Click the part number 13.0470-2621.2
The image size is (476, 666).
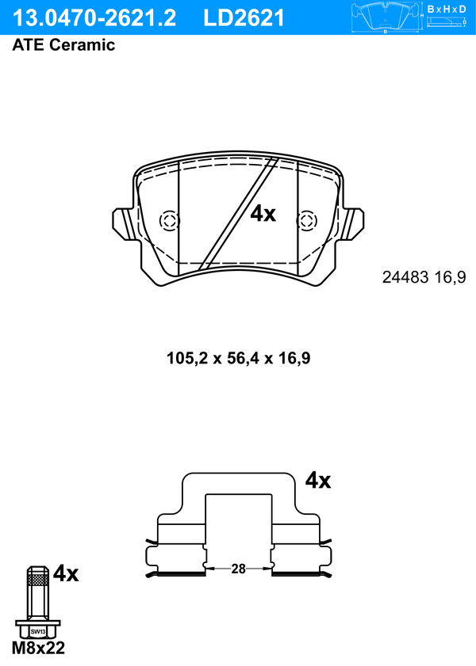coord(94,18)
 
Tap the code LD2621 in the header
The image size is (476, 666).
coord(244,18)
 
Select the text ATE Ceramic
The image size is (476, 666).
coord(63,45)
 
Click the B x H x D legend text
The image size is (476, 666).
coord(447,9)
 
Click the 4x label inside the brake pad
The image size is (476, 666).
coord(263,214)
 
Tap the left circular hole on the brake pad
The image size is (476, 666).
coord(169,221)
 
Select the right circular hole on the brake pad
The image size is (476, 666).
coord(306,221)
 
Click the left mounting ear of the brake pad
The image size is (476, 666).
coord(126,223)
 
